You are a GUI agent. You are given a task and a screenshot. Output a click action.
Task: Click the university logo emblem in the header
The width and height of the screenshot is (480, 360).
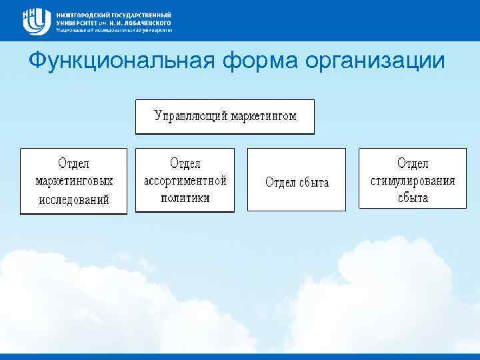coord(36,21)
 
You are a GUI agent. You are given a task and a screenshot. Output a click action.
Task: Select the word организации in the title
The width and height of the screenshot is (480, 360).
coord(375,61)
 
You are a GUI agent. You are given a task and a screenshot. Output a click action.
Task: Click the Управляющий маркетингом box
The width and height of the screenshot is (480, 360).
coord(225,117)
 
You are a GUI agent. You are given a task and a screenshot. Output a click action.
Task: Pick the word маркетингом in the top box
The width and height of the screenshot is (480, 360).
coord(264,116)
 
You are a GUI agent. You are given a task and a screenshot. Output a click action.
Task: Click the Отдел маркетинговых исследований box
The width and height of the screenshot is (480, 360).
coord(73,181)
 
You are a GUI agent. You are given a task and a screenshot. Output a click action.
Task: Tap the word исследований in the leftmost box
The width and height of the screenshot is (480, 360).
coord(73,199)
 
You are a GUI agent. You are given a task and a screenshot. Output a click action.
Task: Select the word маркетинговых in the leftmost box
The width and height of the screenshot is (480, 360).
coord(73,181)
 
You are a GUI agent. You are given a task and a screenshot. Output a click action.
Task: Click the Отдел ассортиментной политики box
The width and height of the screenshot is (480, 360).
coord(185,180)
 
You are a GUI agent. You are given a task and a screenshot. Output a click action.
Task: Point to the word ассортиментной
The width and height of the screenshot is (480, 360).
coord(185,181)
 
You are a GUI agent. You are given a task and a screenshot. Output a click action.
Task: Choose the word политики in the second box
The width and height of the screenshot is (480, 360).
coord(185,198)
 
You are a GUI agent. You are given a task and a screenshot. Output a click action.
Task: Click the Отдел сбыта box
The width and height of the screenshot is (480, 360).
coord(297,179)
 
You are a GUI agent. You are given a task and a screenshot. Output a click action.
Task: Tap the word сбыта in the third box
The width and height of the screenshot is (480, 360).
coord(313,183)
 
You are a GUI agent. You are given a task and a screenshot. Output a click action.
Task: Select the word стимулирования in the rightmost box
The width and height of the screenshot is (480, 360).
coord(413,181)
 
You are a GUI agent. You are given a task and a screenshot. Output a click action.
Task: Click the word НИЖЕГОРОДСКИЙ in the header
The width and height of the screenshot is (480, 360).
coord(85,14)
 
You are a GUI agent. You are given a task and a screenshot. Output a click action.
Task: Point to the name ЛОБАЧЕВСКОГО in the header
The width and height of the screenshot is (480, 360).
coord(143,22)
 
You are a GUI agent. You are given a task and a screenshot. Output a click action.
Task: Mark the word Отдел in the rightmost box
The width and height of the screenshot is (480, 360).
coord(413,163)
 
